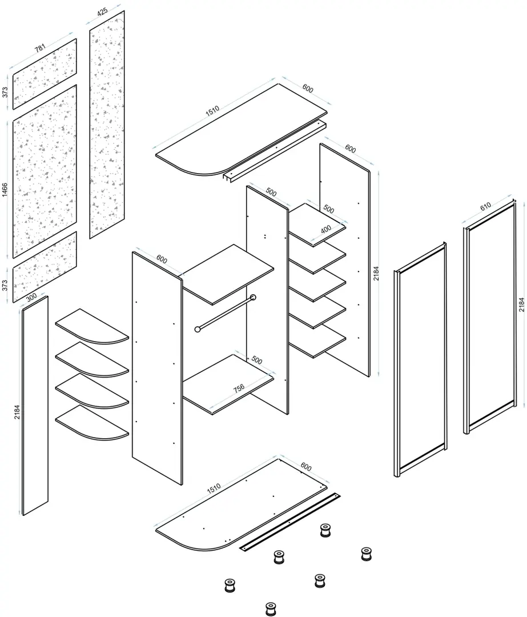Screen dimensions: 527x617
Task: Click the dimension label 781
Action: tap(40, 49)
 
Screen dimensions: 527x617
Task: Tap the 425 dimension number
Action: tap(102, 11)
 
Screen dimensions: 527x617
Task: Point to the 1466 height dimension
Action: tap(5, 190)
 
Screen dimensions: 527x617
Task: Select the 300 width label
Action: tap(31, 297)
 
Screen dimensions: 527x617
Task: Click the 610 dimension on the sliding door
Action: tap(486, 206)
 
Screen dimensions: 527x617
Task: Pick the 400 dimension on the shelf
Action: tap(326, 229)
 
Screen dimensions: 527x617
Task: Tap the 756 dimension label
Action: tap(239, 388)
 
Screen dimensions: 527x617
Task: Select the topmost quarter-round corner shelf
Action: tap(92, 326)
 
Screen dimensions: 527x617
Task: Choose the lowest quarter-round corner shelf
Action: tap(92, 423)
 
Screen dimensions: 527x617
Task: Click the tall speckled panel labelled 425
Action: tap(107, 125)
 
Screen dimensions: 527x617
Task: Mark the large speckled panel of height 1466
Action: tap(45, 171)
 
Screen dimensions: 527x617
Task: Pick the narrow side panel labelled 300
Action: tap(35, 405)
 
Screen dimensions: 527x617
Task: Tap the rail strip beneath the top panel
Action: tap(275, 151)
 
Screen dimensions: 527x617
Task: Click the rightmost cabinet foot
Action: tap(367, 554)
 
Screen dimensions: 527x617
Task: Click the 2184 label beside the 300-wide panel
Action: tap(17, 411)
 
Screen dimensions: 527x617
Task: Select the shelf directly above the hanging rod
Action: tap(228, 274)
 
